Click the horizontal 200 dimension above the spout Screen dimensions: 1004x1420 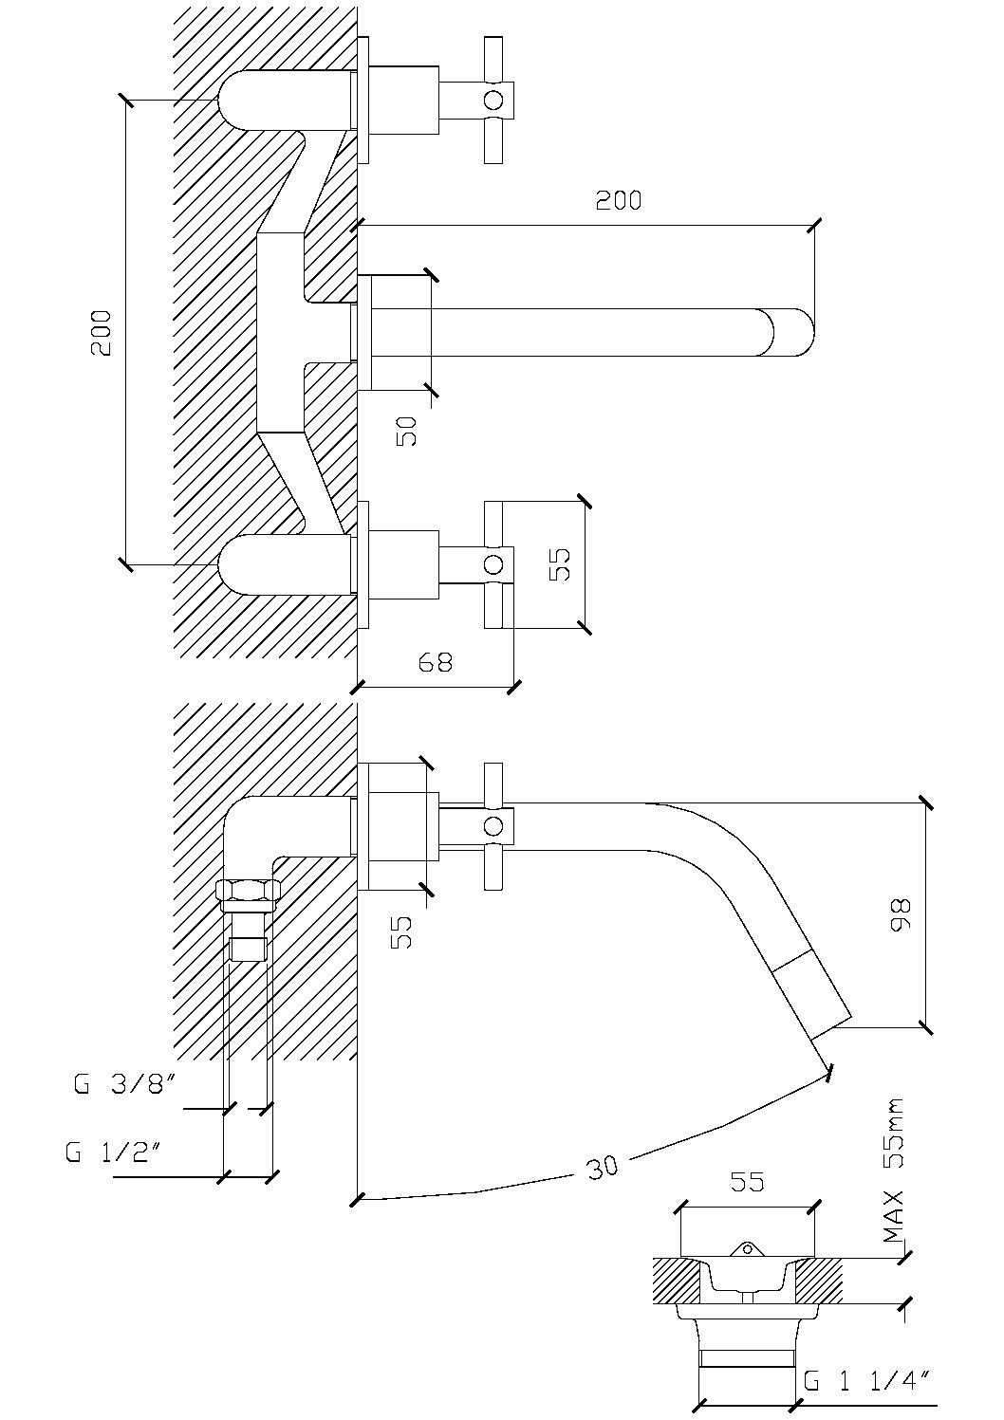619,200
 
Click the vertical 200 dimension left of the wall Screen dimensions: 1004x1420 101,332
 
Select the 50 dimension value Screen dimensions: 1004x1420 406,431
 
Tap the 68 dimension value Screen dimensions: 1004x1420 436,662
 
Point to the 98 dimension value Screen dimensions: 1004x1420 900,914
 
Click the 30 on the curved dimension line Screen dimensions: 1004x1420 603,1167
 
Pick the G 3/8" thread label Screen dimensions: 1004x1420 123,1084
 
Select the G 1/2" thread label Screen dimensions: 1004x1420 116,1152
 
